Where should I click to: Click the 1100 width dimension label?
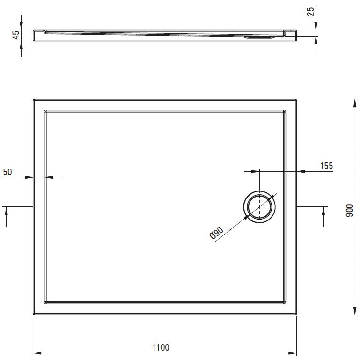(161, 347)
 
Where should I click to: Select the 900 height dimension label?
(349, 210)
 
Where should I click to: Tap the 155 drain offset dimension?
(326, 166)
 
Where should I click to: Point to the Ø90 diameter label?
(216, 233)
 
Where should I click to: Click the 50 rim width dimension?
(7, 172)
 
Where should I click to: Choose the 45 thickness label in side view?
(16, 35)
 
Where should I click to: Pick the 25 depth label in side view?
(310, 12)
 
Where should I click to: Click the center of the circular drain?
(259, 207)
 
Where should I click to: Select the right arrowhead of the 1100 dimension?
(293, 353)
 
